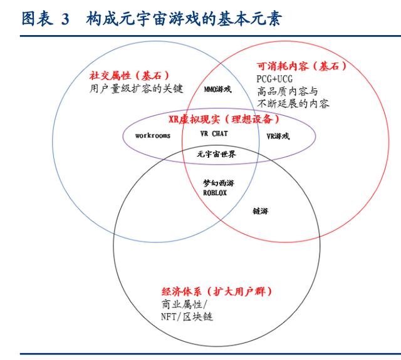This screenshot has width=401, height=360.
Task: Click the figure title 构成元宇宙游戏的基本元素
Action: click(x=184, y=18)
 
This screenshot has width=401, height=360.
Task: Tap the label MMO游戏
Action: click(x=217, y=89)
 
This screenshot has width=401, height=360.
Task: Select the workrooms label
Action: click(x=153, y=135)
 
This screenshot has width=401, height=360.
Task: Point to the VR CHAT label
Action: click(x=214, y=133)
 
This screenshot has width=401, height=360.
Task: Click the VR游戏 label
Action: click(x=278, y=136)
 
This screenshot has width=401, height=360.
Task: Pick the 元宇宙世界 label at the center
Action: click(x=216, y=154)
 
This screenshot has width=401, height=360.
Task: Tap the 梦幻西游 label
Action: click(x=219, y=183)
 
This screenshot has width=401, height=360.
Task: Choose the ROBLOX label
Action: click(x=215, y=193)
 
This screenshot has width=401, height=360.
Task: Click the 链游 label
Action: click(x=261, y=211)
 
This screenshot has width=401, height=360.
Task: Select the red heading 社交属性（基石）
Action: click(x=130, y=75)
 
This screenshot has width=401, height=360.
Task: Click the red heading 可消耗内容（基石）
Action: click(x=302, y=66)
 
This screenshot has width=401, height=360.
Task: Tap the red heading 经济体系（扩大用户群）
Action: click(x=217, y=291)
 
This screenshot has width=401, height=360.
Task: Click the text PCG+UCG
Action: click(x=274, y=79)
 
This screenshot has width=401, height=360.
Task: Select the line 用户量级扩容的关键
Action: click(x=137, y=89)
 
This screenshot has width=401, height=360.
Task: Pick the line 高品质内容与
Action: click(x=288, y=91)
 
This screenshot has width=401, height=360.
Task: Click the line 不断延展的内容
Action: click(x=293, y=103)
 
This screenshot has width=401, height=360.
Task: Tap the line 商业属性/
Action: click(x=184, y=304)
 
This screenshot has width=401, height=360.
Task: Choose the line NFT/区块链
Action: click(x=187, y=317)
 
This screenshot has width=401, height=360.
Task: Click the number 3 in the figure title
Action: click(x=65, y=19)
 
